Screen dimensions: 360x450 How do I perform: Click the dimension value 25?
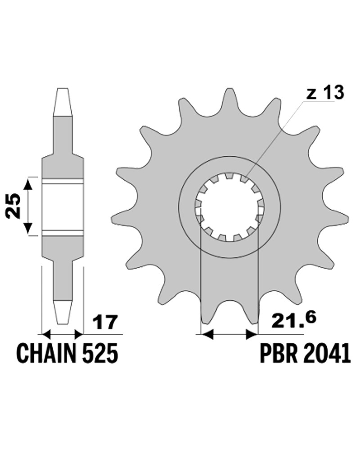[14, 206]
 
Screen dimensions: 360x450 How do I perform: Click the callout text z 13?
[325, 93]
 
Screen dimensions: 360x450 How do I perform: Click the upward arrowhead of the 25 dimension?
[28, 184]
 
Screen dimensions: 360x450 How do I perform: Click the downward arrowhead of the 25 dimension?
[28, 228]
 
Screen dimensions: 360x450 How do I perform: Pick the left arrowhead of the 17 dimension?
[46, 334]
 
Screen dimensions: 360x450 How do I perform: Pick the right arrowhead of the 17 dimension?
[79, 334]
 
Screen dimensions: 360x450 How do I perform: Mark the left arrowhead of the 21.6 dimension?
[207, 334]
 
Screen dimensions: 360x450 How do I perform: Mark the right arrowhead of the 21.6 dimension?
[252, 334]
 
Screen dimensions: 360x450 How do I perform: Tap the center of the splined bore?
[229, 207]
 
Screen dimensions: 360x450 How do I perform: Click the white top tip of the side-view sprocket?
[63, 102]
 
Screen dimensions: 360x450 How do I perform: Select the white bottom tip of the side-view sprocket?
[63, 313]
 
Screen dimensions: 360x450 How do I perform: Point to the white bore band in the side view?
[63, 207]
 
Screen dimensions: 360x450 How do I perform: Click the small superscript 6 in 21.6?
[311, 317]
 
